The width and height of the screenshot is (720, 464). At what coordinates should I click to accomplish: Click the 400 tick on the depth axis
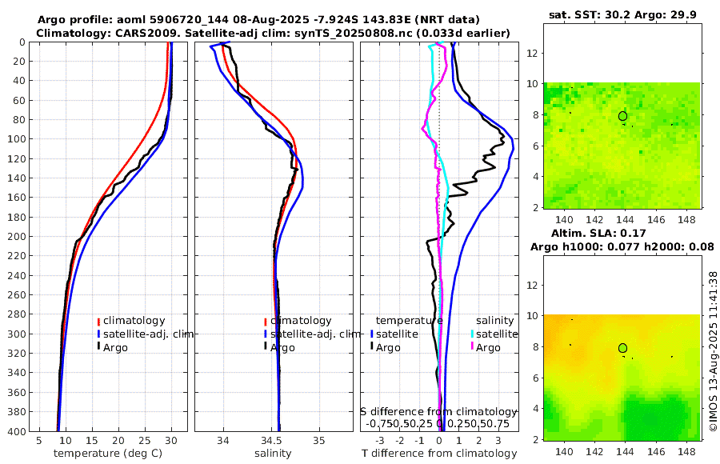coord(15,430)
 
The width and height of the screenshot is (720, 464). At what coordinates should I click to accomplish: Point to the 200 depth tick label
coord(15,236)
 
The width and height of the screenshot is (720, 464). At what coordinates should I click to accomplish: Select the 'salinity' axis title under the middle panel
coord(274,454)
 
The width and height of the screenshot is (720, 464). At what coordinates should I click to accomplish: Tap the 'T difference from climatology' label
coord(439,454)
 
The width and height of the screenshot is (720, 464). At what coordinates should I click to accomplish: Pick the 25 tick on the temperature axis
coord(145,440)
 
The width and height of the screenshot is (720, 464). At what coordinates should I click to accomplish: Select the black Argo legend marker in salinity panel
coord(265,347)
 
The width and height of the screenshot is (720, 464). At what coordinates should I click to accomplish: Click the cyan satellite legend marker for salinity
coord(473,334)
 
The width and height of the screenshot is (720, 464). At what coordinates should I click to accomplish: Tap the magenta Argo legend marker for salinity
coord(473,347)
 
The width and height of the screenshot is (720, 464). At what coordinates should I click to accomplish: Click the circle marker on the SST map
coord(622,116)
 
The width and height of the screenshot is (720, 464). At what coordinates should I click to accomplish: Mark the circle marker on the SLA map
coord(622,348)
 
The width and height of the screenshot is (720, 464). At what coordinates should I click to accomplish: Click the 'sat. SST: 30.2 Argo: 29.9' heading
coord(621,14)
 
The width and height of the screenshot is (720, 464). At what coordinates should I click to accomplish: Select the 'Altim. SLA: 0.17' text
coord(621,233)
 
